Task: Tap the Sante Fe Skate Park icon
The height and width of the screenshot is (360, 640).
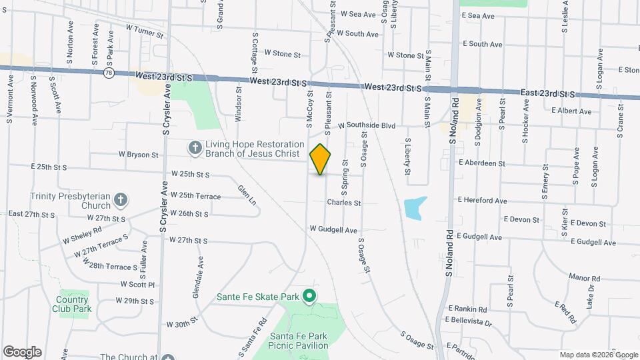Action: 309,295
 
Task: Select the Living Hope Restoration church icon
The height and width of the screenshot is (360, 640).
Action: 195,148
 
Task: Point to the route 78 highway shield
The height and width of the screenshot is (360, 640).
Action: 108,73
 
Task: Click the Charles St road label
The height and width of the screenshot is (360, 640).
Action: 343,203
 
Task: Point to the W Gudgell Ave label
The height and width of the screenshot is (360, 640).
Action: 333,229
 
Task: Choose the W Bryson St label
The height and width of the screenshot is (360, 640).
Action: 139,155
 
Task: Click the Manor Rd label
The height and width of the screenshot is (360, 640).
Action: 585,278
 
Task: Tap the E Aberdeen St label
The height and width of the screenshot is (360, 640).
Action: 481,163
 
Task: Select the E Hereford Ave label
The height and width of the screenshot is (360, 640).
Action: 482,200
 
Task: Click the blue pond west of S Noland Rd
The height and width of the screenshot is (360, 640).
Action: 413,207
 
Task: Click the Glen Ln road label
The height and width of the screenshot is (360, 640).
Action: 247,194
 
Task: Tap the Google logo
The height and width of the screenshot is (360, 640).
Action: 22,352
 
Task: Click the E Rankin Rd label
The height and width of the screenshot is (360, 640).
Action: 467,309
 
